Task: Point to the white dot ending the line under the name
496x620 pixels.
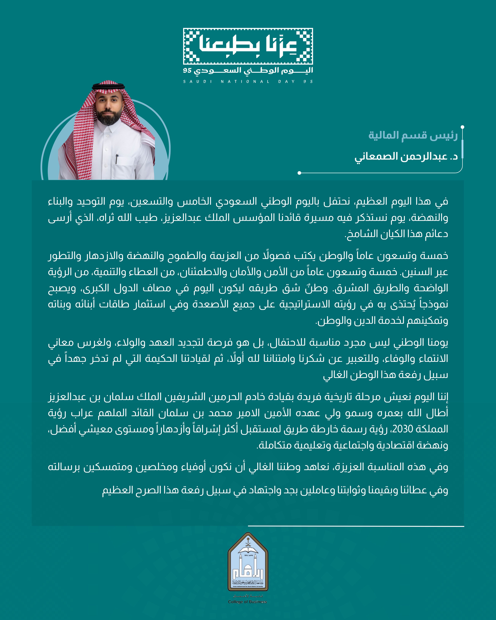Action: pos(299,173)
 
